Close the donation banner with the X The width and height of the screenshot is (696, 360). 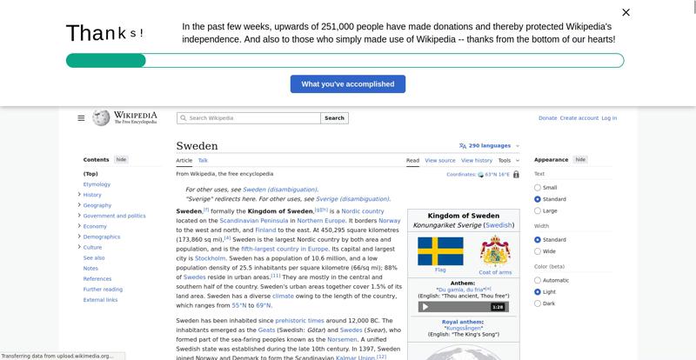pos(626,12)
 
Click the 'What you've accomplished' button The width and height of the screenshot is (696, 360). pos(348,84)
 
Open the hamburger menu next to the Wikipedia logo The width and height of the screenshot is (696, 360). pos(81,118)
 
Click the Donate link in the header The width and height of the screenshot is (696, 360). pos(547,118)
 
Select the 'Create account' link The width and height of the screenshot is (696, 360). pos(579,118)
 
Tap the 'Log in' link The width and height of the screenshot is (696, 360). pos(609,118)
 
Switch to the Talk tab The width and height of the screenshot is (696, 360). pos(203,161)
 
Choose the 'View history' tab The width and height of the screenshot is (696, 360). pos(476,161)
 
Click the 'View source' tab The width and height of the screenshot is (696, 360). pos(440,161)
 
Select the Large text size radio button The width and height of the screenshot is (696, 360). pos(538,210)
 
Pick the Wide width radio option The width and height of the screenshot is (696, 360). pos(538,251)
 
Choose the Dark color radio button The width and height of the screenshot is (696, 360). pos(538,303)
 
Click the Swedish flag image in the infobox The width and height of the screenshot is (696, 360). pos(440,251)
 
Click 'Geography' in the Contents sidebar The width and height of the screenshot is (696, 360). pos(97,205)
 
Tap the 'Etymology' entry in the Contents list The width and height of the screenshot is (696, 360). pos(97,184)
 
